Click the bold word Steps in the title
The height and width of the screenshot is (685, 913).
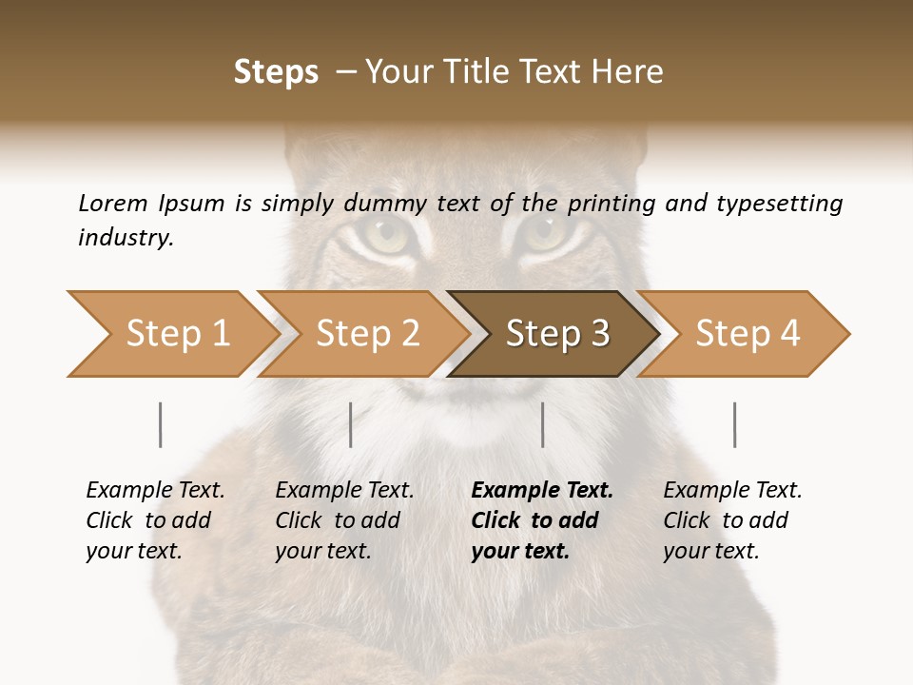tap(276, 72)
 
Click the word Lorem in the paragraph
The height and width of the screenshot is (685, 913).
tap(112, 204)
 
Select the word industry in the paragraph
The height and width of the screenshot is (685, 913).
tap(125, 238)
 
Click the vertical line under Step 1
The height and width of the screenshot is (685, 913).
tap(161, 424)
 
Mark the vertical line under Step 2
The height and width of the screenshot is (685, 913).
tap(351, 424)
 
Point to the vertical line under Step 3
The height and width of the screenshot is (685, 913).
tap(543, 424)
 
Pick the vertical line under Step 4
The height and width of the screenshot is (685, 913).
tap(735, 424)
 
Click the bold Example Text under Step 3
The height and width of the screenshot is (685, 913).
tap(542, 491)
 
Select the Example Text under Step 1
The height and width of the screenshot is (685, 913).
tap(155, 491)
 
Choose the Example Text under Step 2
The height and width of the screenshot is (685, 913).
tap(344, 491)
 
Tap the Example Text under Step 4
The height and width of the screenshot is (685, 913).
tap(732, 491)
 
